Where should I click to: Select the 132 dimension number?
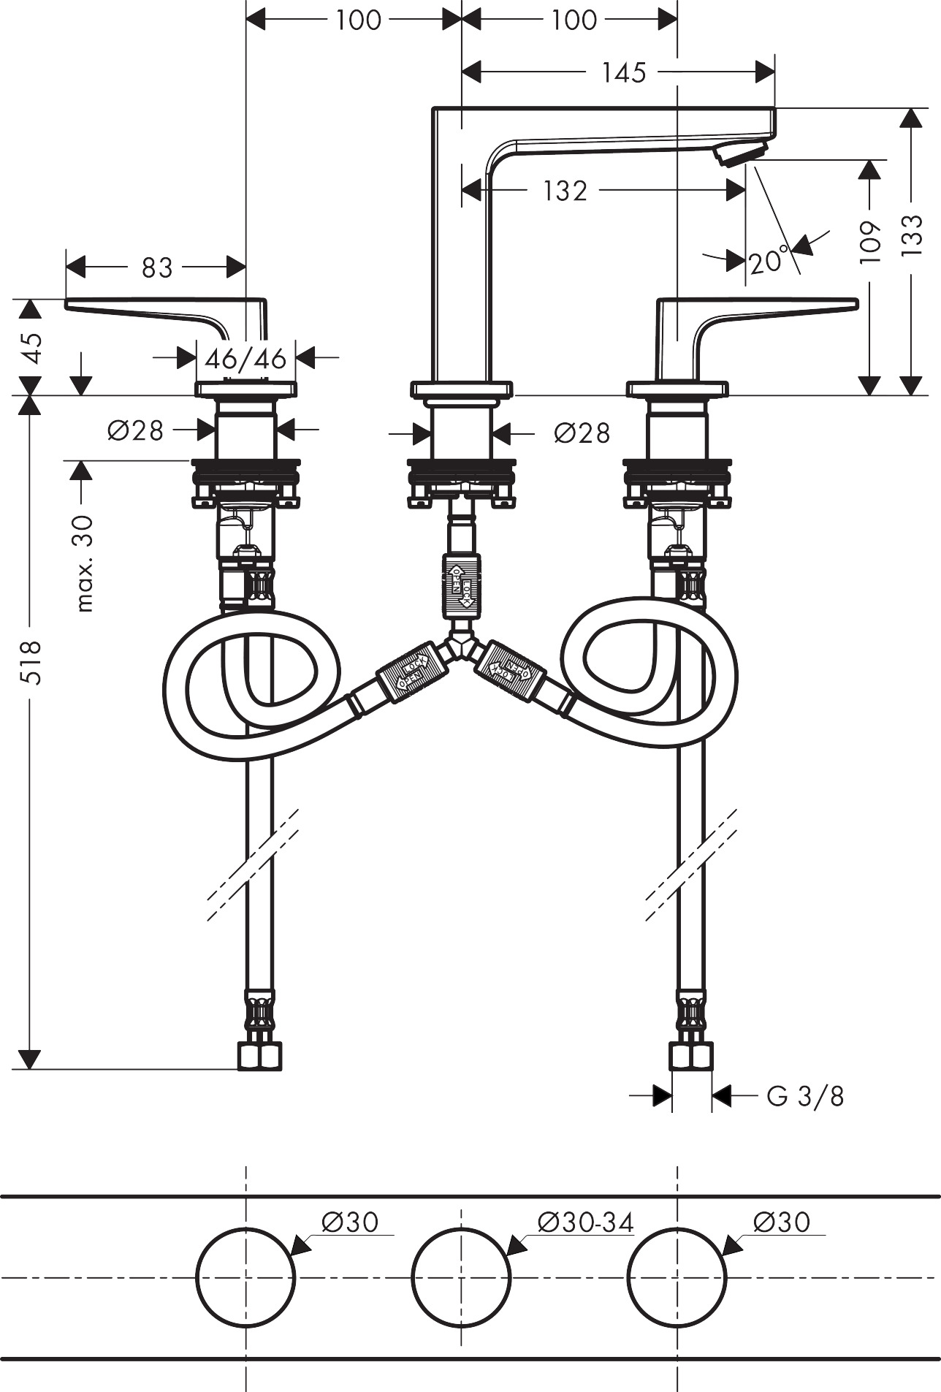tap(565, 191)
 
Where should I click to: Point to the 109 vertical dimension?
tap(869, 242)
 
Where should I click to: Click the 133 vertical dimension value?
tap(911, 234)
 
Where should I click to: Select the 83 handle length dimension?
tap(156, 267)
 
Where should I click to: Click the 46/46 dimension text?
tap(245, 359)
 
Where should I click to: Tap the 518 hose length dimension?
tap(31, 661)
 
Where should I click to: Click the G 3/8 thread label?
tap(804, 1096)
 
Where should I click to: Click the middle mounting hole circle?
tap(461, 1277)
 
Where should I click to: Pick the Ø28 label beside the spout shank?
tap(581, 433)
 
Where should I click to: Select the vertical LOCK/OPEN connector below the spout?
tap(461, 581)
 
